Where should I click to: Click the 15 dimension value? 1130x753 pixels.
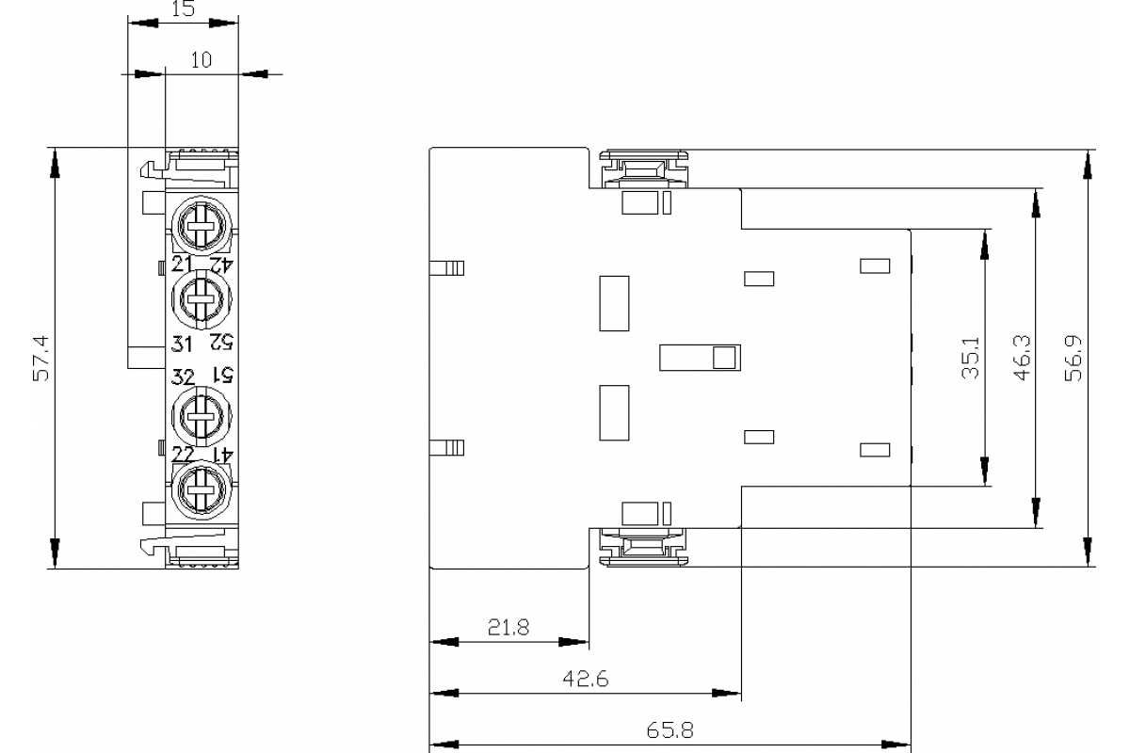(183, 8)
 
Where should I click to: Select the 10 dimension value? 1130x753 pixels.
(202, 60)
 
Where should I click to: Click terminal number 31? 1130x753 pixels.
(182, 344)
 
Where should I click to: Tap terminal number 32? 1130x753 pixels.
(182, 377)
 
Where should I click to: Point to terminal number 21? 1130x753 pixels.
(182, 263)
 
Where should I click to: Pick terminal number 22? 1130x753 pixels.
(182, 456)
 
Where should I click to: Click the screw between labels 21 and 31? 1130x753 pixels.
(200, 301)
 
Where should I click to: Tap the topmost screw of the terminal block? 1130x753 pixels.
(200, 223)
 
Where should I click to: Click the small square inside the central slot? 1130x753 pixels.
(724, 357)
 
